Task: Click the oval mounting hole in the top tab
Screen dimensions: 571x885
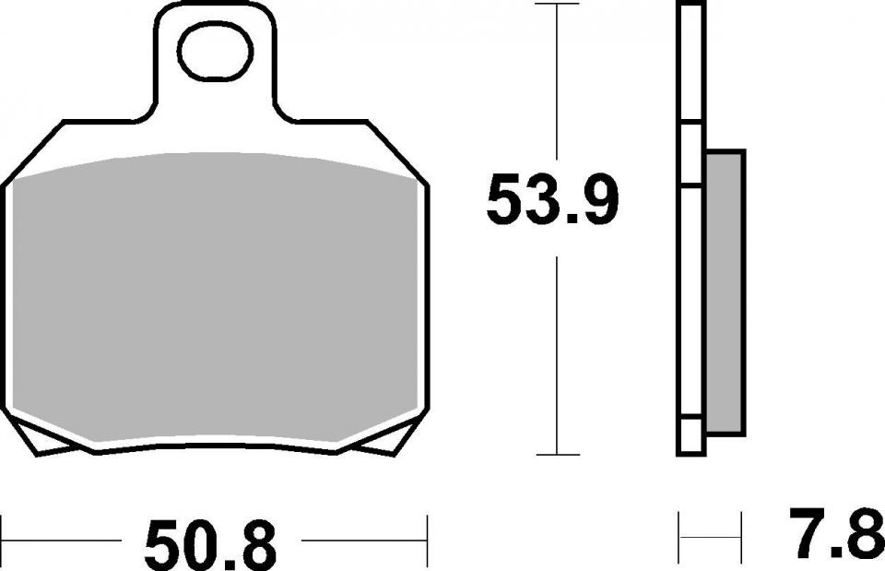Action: coord(215,54)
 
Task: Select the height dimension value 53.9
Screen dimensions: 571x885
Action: coord(551,201)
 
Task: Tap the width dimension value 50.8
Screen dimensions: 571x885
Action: coord(210,543)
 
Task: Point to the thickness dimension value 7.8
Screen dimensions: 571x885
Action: coord(835,534)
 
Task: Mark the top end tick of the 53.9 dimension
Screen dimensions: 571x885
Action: coord(558,6)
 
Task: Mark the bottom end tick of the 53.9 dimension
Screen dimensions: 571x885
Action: coord(558,454)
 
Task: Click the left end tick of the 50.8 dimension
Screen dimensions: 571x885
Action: coord(3,530)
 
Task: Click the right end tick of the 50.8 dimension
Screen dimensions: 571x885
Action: coord(427,530)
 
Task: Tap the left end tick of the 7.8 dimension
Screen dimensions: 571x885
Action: coord(680,530)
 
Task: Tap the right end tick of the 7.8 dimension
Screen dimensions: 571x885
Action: coord(741,530)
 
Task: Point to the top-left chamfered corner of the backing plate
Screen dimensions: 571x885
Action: coord(33,151)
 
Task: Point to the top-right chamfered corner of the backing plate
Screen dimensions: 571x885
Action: coord(397,151)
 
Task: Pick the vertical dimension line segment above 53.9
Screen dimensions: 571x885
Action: coord(558,83)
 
